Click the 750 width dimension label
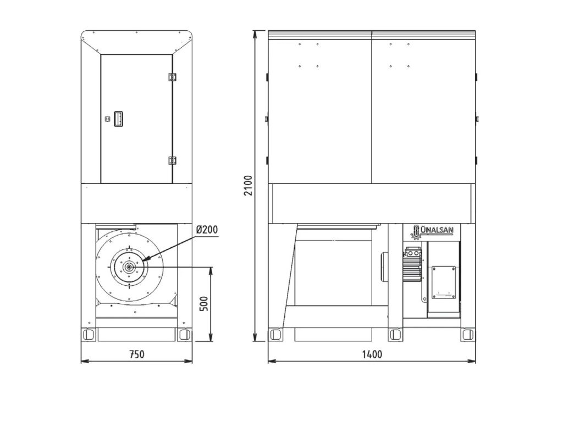tap(136, 354)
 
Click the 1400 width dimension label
tap(372, 354)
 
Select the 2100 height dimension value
tap(248, 186)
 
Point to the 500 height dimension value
tap(203, 304)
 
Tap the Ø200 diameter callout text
tap(207, 229)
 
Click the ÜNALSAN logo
tap(432, 231)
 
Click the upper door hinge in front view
tap(172, 77)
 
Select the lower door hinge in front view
tap(172, 160)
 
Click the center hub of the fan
tap(129, 267)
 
